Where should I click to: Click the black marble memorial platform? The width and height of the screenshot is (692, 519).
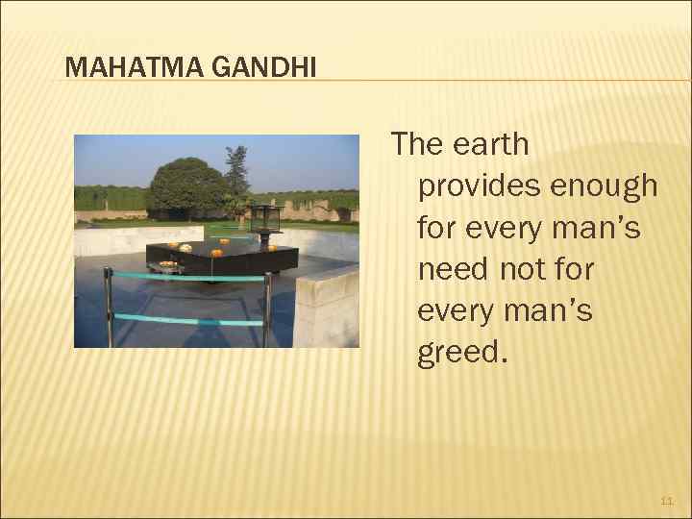pos(221,258)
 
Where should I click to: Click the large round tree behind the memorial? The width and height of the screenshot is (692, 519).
pos(186,185)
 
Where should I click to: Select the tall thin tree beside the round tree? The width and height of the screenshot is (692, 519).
pos(236,173)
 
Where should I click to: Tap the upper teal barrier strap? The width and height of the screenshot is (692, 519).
pos(187,278)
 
